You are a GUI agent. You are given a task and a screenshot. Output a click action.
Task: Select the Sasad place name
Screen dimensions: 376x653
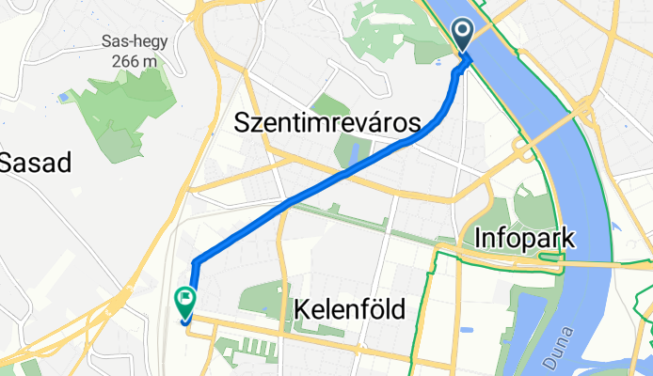36,162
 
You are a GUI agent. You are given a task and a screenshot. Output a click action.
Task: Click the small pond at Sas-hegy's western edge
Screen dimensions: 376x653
63,97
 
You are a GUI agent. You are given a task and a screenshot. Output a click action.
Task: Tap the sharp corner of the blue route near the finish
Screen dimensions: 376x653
194,260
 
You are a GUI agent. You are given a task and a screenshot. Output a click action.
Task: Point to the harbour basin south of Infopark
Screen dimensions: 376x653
523,324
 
